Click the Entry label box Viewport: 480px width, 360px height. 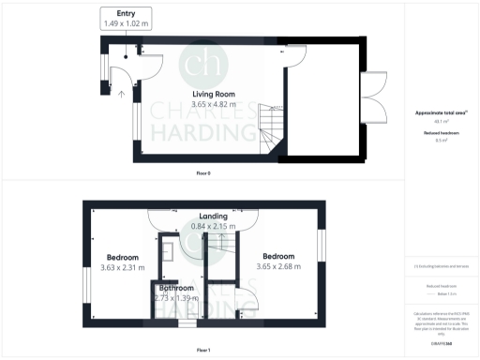[x=127, y=17]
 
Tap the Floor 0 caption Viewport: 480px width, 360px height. [x=202, y=173]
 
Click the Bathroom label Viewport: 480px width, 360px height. [x=175, y=287]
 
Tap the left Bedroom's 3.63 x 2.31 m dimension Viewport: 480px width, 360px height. [x=122, y=267]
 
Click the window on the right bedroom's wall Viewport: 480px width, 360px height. [x=322, y=248]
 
